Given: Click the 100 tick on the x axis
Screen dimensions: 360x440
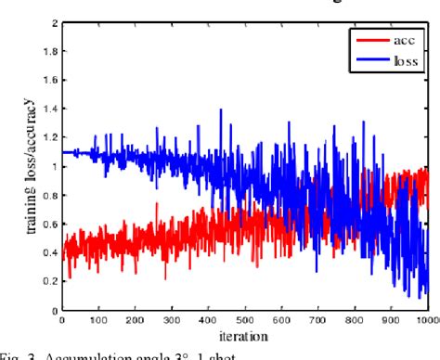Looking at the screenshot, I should coord(97,320).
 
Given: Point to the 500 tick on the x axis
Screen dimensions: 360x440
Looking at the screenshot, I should coord(244,320).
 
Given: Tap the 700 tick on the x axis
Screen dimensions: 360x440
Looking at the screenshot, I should coord(317,320).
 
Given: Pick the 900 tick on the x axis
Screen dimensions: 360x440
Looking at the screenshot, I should coord(391,320).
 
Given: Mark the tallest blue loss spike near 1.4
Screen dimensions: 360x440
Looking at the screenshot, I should coord(220,110).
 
